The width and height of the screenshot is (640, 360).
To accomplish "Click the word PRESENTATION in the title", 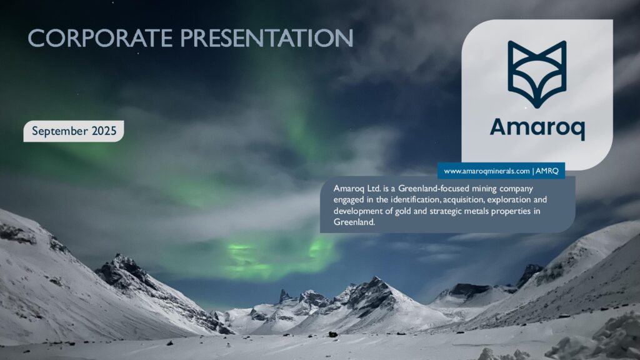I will tap(267, 38).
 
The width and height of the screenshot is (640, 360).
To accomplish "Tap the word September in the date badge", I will tap(61, 131).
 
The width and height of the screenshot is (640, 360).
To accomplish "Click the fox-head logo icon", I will tap(537, 74).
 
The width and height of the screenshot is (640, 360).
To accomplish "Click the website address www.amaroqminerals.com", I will tap(487, 171).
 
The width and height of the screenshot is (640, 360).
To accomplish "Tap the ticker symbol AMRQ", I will tap(547, 171).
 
